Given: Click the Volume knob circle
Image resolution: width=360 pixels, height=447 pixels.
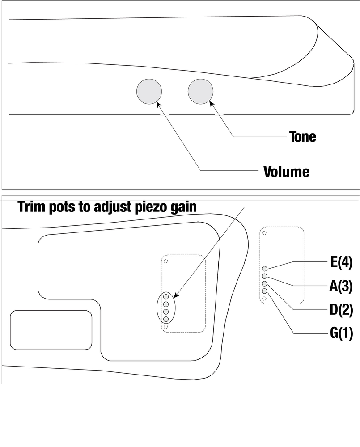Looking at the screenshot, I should [149, 92].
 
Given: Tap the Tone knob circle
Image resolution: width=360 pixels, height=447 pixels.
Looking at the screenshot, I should [201, 92].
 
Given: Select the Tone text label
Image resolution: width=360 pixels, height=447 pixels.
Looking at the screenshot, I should [302, 136].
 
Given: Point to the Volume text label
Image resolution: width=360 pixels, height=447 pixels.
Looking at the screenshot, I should [286, 172].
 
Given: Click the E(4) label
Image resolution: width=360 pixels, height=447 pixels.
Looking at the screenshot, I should [345, 262].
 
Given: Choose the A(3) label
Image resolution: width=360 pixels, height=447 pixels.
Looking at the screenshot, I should [344, 286].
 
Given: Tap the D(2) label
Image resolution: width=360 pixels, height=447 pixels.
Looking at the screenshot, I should [344, 310].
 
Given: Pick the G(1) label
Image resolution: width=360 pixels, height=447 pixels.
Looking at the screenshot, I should [344, 333].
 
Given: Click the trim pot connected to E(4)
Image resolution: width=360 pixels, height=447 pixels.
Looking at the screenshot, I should [264, 269].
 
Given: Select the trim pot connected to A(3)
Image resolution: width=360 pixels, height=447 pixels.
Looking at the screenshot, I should [264, 276].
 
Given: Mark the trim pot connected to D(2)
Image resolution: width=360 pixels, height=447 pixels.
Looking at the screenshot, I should [264, 284].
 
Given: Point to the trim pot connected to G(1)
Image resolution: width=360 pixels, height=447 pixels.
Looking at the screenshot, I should [264, 291].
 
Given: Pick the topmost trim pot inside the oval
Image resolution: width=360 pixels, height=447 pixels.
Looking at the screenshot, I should [166, 296].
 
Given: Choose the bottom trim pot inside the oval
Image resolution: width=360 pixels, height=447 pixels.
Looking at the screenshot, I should [166, 319].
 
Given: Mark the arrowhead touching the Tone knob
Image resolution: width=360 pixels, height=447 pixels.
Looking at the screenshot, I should [211, 105].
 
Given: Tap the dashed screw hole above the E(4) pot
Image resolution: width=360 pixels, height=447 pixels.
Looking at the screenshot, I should [264, 233].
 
